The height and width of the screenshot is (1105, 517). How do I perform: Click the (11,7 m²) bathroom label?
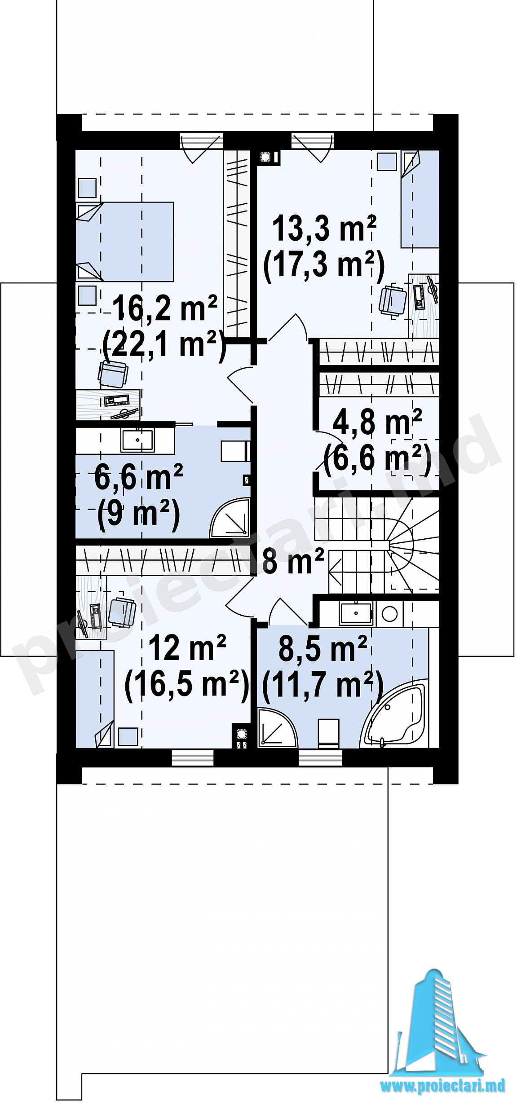(x=323, y=685)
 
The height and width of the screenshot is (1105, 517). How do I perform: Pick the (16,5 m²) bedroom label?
(x=186, y=685)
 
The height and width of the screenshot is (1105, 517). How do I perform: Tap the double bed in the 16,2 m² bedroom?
(x=124, y=242)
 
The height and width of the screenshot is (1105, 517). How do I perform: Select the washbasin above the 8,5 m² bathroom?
(x=356, y=614)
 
